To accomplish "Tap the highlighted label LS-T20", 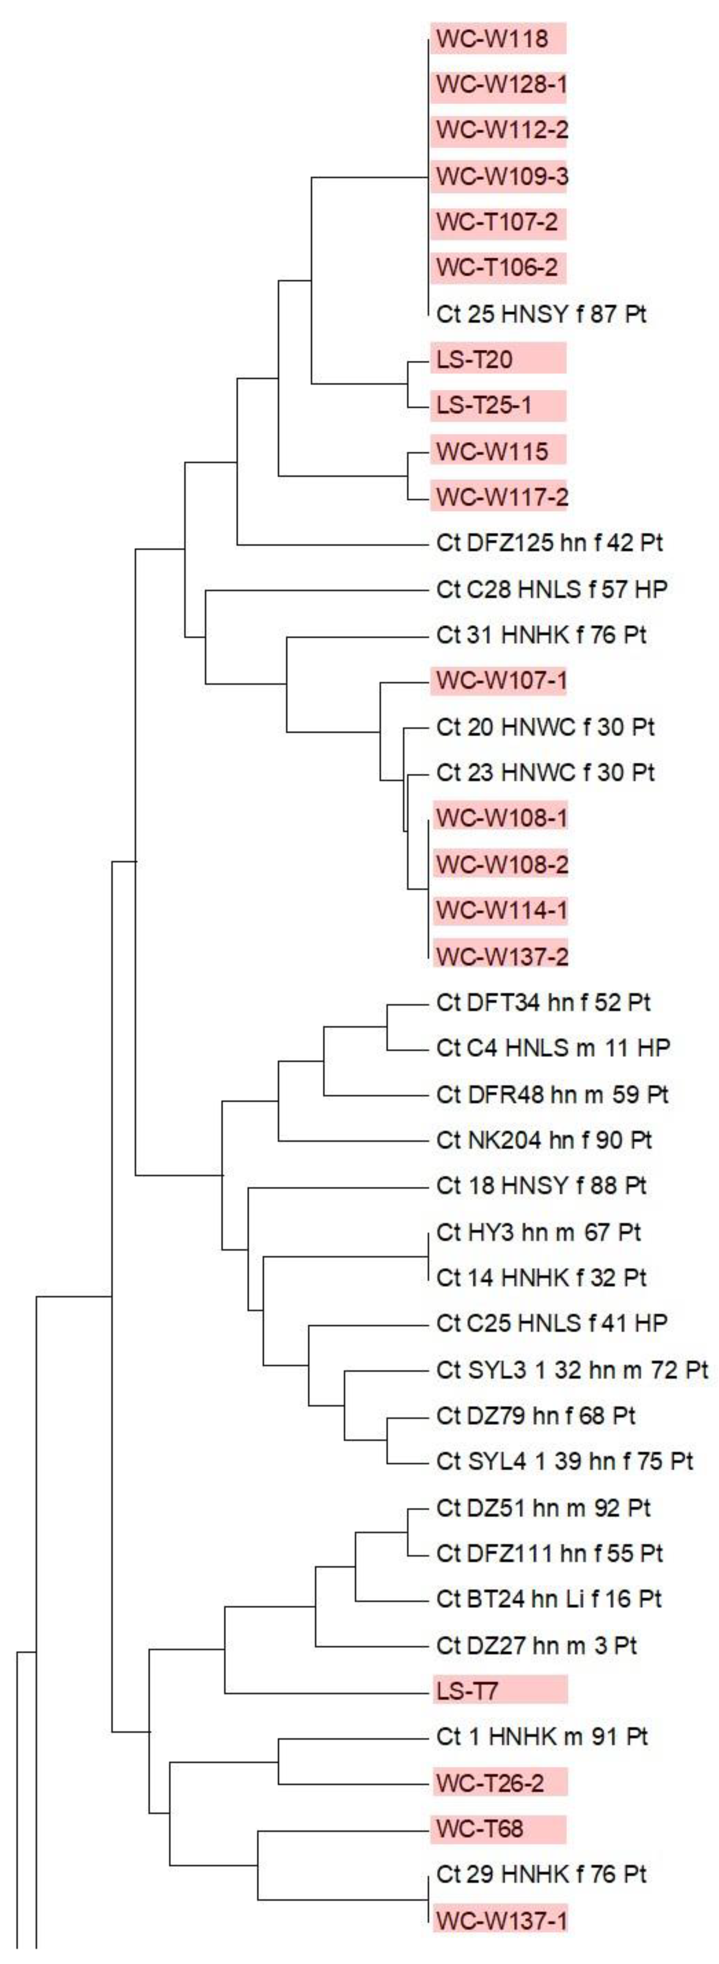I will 474,359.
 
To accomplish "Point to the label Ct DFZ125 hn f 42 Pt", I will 549,543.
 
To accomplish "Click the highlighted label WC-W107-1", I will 501,680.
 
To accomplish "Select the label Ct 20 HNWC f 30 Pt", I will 545,726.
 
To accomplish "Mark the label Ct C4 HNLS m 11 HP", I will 553,1048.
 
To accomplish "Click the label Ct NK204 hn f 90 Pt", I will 544,1140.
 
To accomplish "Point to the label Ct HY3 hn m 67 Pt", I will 538,1232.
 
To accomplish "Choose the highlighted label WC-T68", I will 480,1828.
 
